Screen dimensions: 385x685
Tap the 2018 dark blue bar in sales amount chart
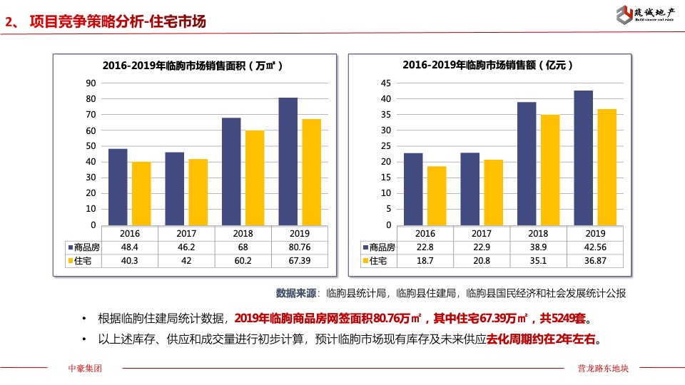click(527, 163)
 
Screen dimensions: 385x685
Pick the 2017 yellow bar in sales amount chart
click(493, 192)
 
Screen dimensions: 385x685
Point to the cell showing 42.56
click(595, 247)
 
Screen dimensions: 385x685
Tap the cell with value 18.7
click(425, 261)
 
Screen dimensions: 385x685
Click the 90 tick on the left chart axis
click(91, 83)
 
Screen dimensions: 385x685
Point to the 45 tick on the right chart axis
click(386, 83)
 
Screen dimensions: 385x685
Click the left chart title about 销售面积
click(193, 65)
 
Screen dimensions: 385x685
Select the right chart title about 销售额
click(488, 65)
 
